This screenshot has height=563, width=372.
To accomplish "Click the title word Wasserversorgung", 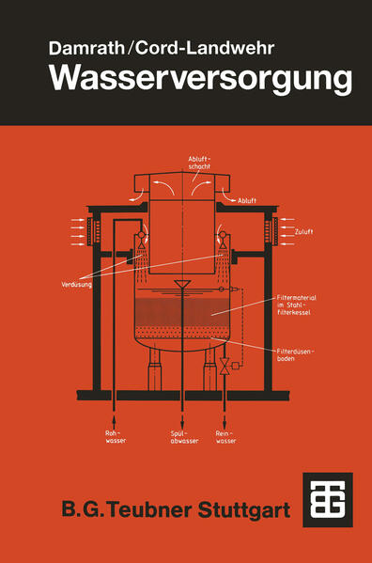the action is click(x=200, y=78).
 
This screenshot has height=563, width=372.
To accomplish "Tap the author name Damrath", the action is click(x=86, y=48).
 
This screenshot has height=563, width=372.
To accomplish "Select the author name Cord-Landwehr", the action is click(x=205, y=48).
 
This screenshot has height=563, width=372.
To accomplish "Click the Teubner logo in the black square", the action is click(x=328, y=500).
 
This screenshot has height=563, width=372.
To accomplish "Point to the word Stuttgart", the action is click(x=244, y=509).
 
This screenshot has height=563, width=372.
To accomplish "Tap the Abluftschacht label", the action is click(x=199, y=163).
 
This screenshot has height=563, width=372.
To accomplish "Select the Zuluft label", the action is click(x=303, y=232).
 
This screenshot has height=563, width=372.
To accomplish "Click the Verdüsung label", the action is click(x=76, y=285).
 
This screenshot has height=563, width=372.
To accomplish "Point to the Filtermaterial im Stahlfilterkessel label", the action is click(x=296, y=305).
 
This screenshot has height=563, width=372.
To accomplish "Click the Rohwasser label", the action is click(x=116, y=437).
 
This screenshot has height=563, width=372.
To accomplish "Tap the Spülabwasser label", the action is click(x=184, y=437).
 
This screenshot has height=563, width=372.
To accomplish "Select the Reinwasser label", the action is click(x=226, y=437).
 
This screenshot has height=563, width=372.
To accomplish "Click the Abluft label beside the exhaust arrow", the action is click(x=247, y=201).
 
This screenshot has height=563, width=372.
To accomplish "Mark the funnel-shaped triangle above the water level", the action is click(x=182, y=284).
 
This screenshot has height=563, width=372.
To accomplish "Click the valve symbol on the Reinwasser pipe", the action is click(x=225, y=366).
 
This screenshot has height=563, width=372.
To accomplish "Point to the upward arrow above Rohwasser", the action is click(x=115, y=420).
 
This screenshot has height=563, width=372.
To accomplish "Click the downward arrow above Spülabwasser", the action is click(x=182, y=420).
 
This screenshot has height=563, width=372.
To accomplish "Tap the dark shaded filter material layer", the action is click(x=182, y=312).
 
